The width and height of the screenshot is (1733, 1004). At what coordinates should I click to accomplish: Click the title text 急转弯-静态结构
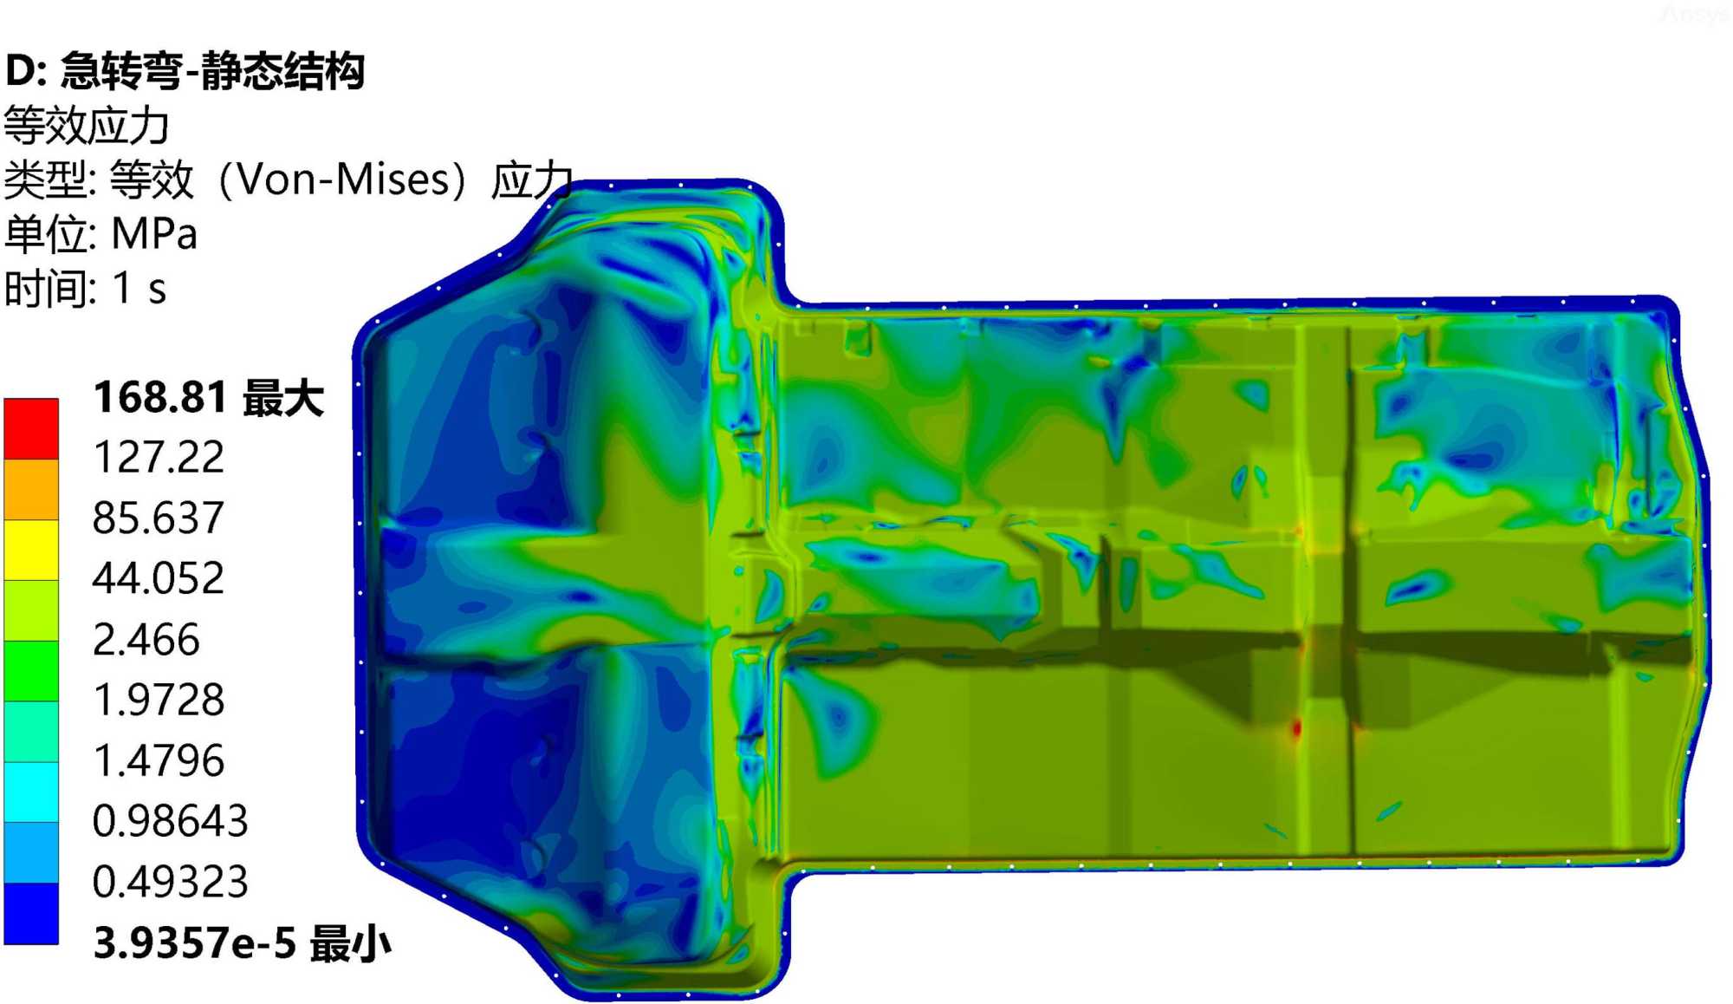point(212,70)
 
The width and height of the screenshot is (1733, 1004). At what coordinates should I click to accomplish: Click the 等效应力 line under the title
point(87,126)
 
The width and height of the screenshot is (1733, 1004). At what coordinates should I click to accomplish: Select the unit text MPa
point(154,234)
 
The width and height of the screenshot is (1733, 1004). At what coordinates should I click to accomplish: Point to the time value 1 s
point(139,288)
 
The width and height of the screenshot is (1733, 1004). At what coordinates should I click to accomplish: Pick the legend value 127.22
point(159,457)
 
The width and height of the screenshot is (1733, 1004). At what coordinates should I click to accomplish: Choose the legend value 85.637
point(159,518)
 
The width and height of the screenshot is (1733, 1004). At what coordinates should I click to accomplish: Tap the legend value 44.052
point(159,578)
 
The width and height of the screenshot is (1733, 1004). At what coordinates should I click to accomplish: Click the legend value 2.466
point(146,639)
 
